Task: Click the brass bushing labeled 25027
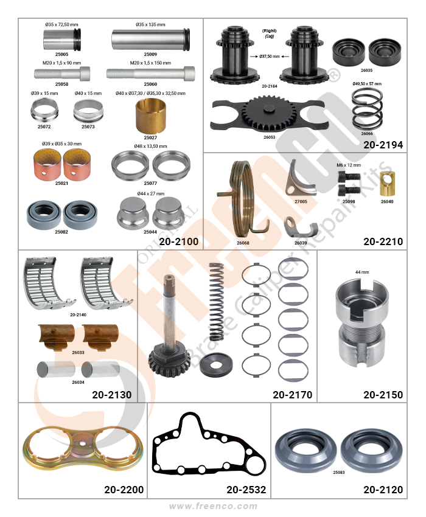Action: coord(150,116)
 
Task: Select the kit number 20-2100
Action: coord(178,241)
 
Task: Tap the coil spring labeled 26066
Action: coord(367,110)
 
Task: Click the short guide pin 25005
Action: coord(61,40)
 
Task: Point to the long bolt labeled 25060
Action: coord(150,73)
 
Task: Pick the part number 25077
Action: coord(150,183)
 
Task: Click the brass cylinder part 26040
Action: coord(387,183)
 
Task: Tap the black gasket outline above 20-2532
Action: coord(209,444)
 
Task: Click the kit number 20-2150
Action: coord(383,394)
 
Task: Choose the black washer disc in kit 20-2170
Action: coord(216,365)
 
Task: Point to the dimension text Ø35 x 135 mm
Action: coord(150,24)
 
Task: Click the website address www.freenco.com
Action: coord(213,506)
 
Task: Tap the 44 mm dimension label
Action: coord(362,272)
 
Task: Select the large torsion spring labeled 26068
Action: coord(243,200)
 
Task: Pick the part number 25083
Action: coord(338,472)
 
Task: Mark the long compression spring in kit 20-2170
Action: coord(217,302)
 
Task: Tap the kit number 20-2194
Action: coord(383,145)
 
